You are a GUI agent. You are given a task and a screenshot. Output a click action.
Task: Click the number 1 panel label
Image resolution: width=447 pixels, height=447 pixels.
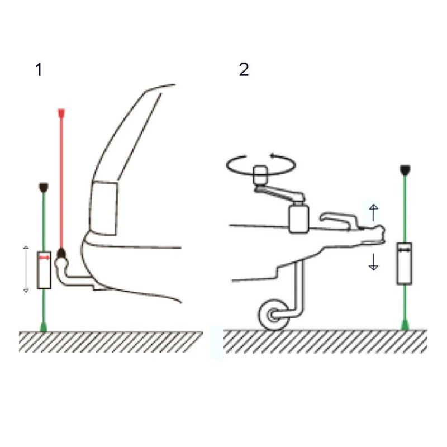[39, 69]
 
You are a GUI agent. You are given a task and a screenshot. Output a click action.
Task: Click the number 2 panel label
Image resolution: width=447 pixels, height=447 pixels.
[244, 69]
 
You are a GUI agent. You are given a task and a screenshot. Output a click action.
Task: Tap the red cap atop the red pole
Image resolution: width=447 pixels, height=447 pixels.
[61, 113]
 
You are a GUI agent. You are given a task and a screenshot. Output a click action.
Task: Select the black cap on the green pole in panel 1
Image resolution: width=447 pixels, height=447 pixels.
[44, 187]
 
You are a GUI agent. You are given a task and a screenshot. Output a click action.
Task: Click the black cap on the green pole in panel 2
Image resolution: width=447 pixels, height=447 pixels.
[405, 170]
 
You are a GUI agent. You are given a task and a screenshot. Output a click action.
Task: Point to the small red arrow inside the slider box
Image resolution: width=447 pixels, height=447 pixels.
[44, 258]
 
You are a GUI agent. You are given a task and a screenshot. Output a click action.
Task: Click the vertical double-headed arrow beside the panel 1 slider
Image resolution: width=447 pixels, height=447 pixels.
[26, 269]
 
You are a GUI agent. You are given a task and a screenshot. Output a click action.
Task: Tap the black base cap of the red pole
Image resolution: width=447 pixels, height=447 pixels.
[61, 253]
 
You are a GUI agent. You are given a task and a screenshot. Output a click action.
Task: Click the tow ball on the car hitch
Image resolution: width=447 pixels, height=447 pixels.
[61, 263]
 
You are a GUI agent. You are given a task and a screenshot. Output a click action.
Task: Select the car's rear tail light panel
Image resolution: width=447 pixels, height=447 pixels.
[103, 208]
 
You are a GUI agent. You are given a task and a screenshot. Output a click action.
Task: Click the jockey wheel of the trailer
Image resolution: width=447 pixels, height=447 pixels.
[273, 315]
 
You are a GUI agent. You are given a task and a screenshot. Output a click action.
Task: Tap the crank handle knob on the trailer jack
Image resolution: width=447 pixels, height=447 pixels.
[260, 174]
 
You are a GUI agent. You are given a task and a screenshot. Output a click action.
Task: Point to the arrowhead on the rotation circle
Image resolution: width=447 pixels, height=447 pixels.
[273, 156]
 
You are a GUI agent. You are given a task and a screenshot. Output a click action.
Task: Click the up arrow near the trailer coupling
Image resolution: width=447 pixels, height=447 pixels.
[373, 212]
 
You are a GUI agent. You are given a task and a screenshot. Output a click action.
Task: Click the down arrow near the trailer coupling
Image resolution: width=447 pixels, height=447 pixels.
[373, 262]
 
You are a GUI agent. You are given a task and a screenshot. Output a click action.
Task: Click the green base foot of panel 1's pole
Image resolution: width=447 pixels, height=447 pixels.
[44, 327]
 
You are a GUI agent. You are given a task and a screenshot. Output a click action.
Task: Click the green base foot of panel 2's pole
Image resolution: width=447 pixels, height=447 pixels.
[405, 325]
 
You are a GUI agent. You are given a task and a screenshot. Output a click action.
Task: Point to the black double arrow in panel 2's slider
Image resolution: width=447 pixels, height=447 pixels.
[404, 250]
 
